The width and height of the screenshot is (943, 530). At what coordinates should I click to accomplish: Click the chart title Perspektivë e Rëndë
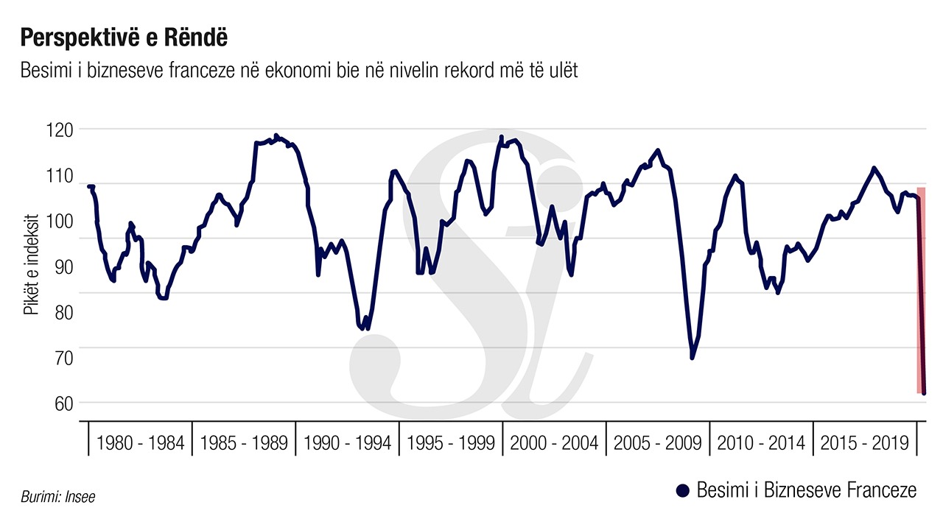[x=123, y=37]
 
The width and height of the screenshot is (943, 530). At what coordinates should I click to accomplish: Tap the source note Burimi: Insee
[x=53, y=498]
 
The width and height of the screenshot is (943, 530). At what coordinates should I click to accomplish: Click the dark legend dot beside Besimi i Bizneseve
[x=681, y=491]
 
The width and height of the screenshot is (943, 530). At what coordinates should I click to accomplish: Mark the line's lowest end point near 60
[x=924, y=393]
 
